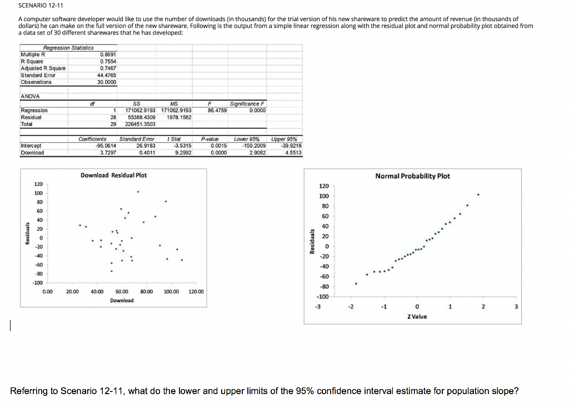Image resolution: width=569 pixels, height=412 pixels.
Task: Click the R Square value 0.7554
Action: coord(108,61)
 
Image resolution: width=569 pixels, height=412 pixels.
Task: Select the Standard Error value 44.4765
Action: coord(107,75)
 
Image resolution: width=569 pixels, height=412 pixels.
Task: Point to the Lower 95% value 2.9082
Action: coord(255,152)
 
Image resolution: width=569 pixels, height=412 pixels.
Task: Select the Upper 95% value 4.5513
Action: coord(292,152)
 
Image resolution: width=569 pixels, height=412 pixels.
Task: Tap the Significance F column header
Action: coord(247,104)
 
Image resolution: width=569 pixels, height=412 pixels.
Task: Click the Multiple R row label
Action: coord(33,54)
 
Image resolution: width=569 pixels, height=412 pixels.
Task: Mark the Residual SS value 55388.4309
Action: coord(141,117)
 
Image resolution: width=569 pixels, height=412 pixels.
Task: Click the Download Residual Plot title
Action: coord(114,175)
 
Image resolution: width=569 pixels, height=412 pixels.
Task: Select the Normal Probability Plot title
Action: coord(412,176)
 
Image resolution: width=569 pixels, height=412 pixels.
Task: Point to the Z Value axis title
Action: coord(417,316)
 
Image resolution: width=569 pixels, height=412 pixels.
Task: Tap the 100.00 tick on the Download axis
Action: coord(172,291)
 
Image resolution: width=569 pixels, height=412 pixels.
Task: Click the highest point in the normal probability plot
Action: coord(478,195)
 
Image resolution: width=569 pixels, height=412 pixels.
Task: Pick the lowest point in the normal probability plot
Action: coord(356,284)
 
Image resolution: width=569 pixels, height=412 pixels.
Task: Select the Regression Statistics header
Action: coord(69,48)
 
